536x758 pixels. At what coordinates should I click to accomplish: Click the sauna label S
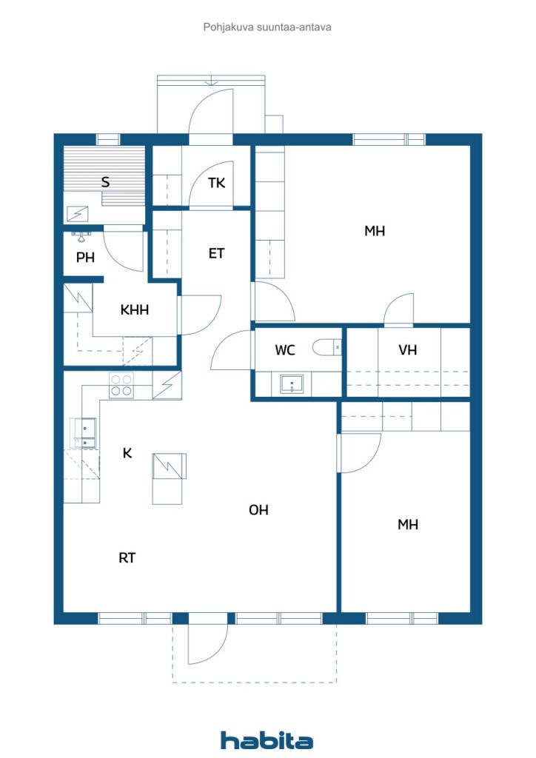pyautogui.click(x=105, y=182)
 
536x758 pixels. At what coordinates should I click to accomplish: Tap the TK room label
pyautogui.click(x=216, y=183)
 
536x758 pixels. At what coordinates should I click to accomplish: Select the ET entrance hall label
pyautogui.click(x=216, y=253)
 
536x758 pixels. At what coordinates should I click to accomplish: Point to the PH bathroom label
pyautogui.click(x=86, y=258)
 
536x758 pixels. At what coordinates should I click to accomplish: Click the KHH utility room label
pyautogui.click(x=134, y=309)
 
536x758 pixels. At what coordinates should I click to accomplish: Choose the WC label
pyautogui.click(x=285, y=350)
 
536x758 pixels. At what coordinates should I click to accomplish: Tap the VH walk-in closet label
pyautogui.click(x=407, y=350)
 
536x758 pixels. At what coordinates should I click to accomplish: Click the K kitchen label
pyautogui.click(x=127, y=453)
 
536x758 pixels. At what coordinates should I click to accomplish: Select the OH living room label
pyautogui.click(x=258, y=509)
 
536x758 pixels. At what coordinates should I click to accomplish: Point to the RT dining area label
pyautogui.click(x=127, y=558)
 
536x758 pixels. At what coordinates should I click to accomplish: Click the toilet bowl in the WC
pyautogui.click(x=326, y=347)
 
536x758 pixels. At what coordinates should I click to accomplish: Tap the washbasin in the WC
pyautogui.click(x=292, y=384)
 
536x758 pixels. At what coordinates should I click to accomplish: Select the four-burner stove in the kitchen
pyautogui.click(x=121, y=385)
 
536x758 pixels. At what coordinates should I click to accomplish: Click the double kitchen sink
pyautogui.click(x=83, y=433)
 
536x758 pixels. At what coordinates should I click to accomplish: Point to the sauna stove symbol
pyautogui.click(x=78, y=213)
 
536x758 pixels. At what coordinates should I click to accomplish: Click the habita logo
pyautogui.click(x=267, y=740)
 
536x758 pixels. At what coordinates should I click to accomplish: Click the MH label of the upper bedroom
pyautogui.click(x=375, y=231)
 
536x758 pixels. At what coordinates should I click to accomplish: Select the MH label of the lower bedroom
pyautogui.click(x=407, y=525)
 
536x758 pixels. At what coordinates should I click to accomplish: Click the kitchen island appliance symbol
pyautogui.click(x=169, y=466)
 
